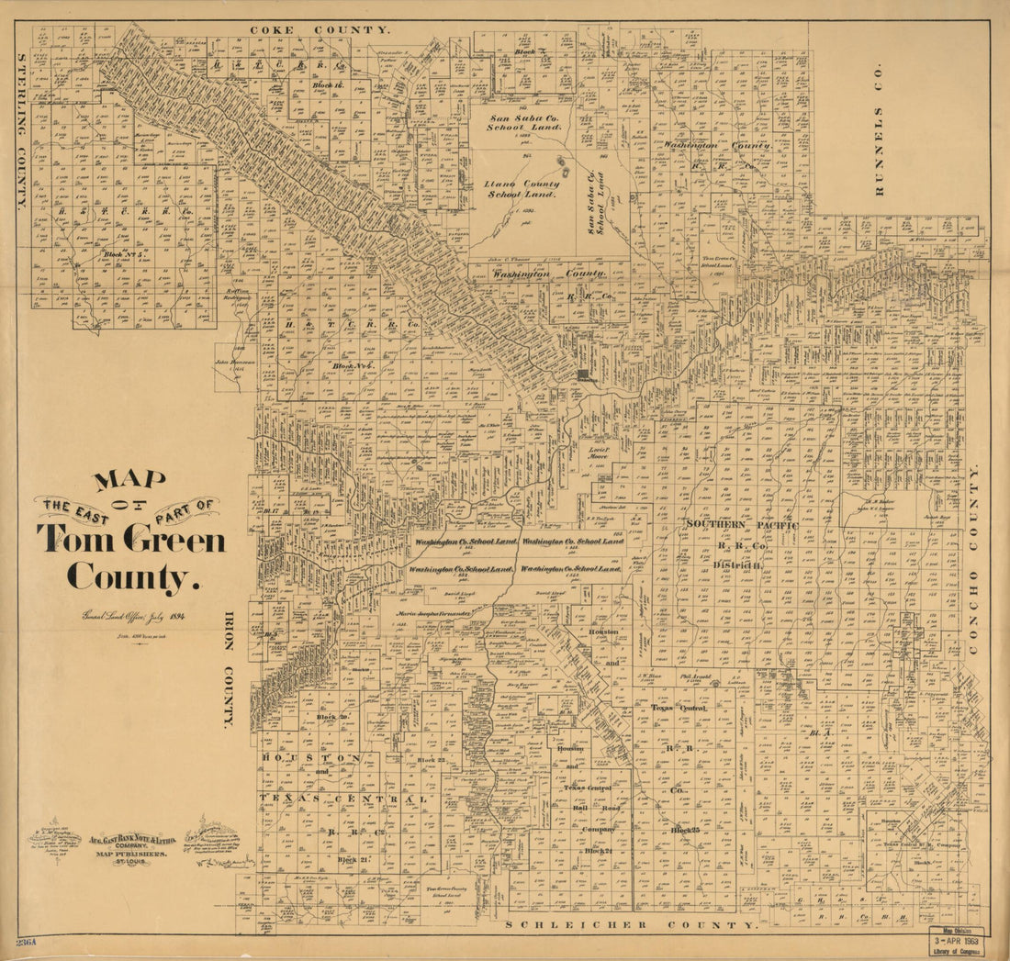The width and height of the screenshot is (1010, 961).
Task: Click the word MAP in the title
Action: point(129,480)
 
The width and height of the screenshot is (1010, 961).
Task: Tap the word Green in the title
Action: point(174,540)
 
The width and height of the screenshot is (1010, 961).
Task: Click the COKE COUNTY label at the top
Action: point(320,29)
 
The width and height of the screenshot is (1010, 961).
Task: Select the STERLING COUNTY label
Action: point(21,131)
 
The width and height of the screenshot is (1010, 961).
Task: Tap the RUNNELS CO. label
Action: point(878,129)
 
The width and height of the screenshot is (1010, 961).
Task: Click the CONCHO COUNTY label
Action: point(974,559)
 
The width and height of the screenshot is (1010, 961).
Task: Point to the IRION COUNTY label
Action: point(230,669)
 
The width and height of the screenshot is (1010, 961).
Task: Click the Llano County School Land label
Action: point(522,189)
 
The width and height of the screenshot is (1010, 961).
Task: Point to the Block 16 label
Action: point(328,84)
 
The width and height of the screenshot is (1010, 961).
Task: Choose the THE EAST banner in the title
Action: point(69,506)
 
